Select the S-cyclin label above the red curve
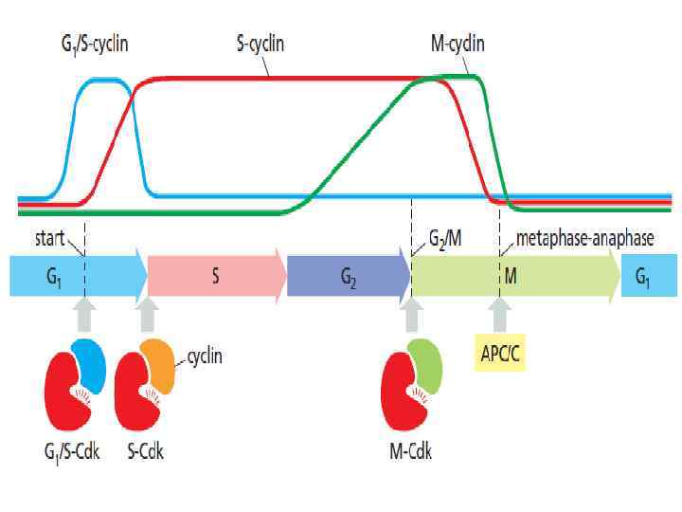[x=260, y=44]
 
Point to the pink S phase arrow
[x=216, y=276]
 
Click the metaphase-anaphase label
[x=584, y=238]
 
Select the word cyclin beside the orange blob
[x=206, y=357]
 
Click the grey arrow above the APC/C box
[x=499, y=315]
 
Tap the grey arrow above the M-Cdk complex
[x=412, y=315]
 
